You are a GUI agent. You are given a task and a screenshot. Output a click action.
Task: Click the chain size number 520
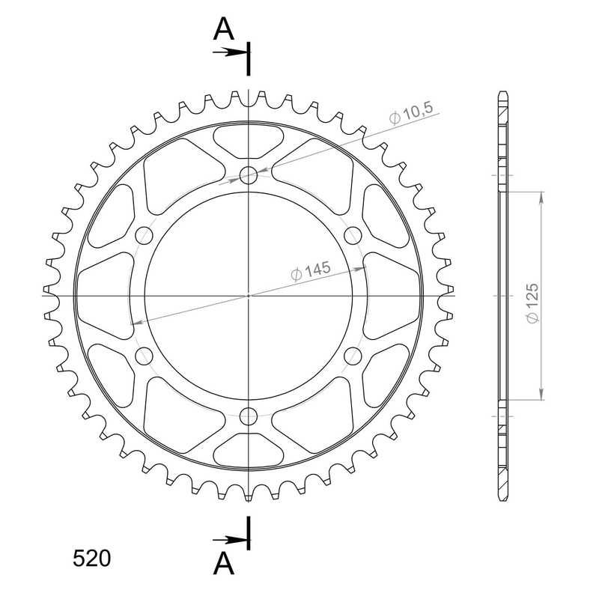pos(91,559)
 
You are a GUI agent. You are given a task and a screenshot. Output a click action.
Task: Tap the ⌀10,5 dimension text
pos(411,113)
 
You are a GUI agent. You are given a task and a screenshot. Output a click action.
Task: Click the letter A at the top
pos(223,29)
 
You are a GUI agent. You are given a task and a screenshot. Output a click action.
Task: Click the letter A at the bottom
pos(223,564)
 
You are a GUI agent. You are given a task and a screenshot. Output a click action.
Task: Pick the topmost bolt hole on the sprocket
pos(249,175)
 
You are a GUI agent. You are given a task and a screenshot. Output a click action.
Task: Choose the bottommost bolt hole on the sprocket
pos(249,416)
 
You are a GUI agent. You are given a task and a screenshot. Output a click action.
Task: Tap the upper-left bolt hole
pos(144,235)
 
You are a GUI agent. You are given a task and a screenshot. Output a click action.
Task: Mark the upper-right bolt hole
pos(353,235)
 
